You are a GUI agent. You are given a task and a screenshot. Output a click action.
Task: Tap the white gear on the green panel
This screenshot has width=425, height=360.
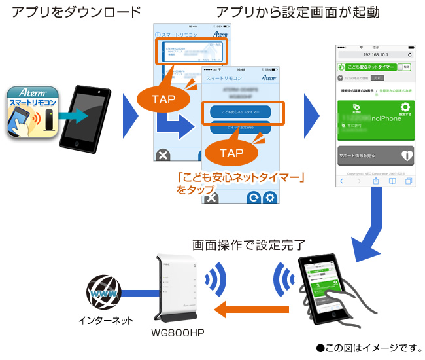tap(405, 108)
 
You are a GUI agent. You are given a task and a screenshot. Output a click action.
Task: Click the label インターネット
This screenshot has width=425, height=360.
tap(104, 320)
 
